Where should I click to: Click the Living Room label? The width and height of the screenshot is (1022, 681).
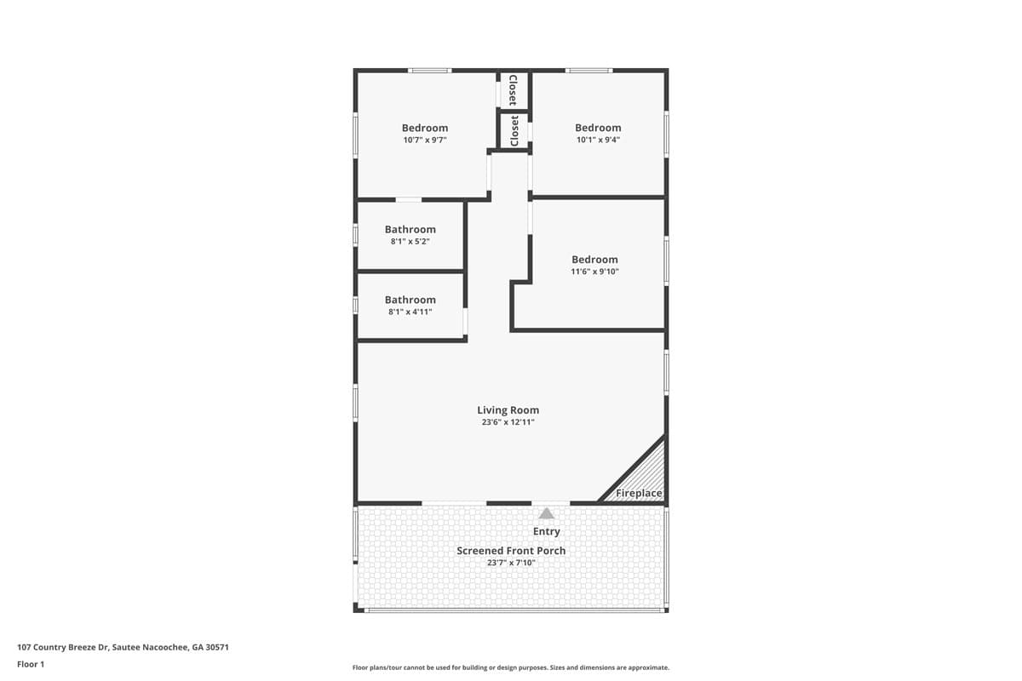point(508,410)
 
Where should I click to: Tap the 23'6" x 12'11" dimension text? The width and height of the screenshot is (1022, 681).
point(508,422)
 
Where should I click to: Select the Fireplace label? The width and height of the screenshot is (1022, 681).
point(639,493)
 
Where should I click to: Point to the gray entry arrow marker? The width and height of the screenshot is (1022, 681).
point(546,513)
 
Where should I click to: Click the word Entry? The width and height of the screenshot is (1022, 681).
point(547,531)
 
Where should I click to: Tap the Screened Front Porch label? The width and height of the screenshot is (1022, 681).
point(511,551)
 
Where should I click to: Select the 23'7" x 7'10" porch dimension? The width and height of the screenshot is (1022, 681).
point(511,563)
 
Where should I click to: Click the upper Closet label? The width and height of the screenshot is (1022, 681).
point(514,90)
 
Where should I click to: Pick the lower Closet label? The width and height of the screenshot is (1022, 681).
point(514,131)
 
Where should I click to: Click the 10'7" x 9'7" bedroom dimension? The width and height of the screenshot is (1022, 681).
point(425,140)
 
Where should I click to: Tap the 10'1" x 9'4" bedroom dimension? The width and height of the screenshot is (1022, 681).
point(598,140)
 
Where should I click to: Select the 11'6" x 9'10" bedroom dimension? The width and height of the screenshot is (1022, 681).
point(594,272)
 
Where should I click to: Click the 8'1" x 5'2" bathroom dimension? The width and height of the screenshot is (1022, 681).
point(411,241)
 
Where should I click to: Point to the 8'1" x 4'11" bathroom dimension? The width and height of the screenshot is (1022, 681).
point(411,312)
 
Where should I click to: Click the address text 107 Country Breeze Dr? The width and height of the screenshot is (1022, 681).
point(63,647)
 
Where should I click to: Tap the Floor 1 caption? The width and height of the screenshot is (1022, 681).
point(31,664)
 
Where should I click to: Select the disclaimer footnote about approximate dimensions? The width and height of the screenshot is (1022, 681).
point(510,667)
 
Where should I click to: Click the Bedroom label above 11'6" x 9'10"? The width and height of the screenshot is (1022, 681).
point(594,260)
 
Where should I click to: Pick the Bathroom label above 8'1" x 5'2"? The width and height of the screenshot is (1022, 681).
point(411,230)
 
